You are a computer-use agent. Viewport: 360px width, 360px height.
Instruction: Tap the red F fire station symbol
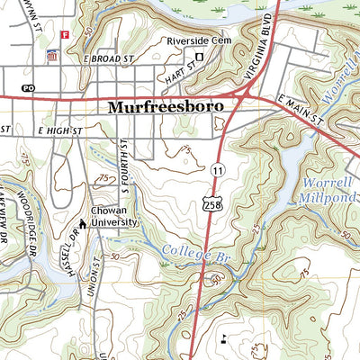[64, 34]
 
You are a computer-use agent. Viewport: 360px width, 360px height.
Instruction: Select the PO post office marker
[28, 88]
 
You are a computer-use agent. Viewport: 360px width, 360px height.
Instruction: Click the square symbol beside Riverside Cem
[200, 55]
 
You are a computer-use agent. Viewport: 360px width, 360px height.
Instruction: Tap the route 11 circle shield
[218, 169]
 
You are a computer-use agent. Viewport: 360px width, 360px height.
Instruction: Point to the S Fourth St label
[120, 164]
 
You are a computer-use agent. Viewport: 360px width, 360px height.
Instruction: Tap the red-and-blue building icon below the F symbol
[51, 55]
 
